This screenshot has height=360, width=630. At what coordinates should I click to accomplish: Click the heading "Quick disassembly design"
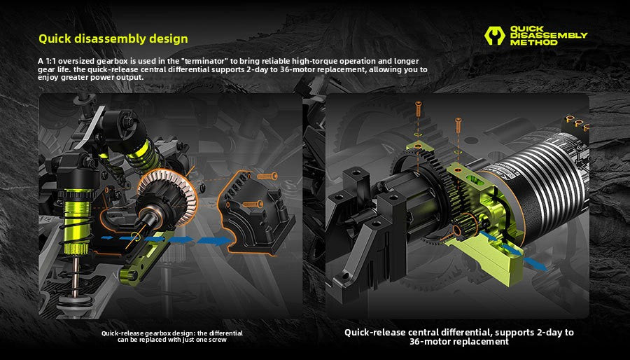113,39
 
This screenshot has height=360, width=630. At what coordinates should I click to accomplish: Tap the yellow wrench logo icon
495,35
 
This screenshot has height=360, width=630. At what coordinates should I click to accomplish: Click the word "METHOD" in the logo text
533,42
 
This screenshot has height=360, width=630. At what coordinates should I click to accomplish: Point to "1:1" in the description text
50,61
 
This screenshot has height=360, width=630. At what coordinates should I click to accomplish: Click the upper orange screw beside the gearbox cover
267,176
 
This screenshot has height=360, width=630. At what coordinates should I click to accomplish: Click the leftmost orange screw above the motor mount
419,109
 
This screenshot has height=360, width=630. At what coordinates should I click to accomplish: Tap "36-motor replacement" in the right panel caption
458,342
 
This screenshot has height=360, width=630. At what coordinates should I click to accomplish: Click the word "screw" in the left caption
218,340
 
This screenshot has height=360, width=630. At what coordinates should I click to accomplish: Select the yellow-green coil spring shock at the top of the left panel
141,155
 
